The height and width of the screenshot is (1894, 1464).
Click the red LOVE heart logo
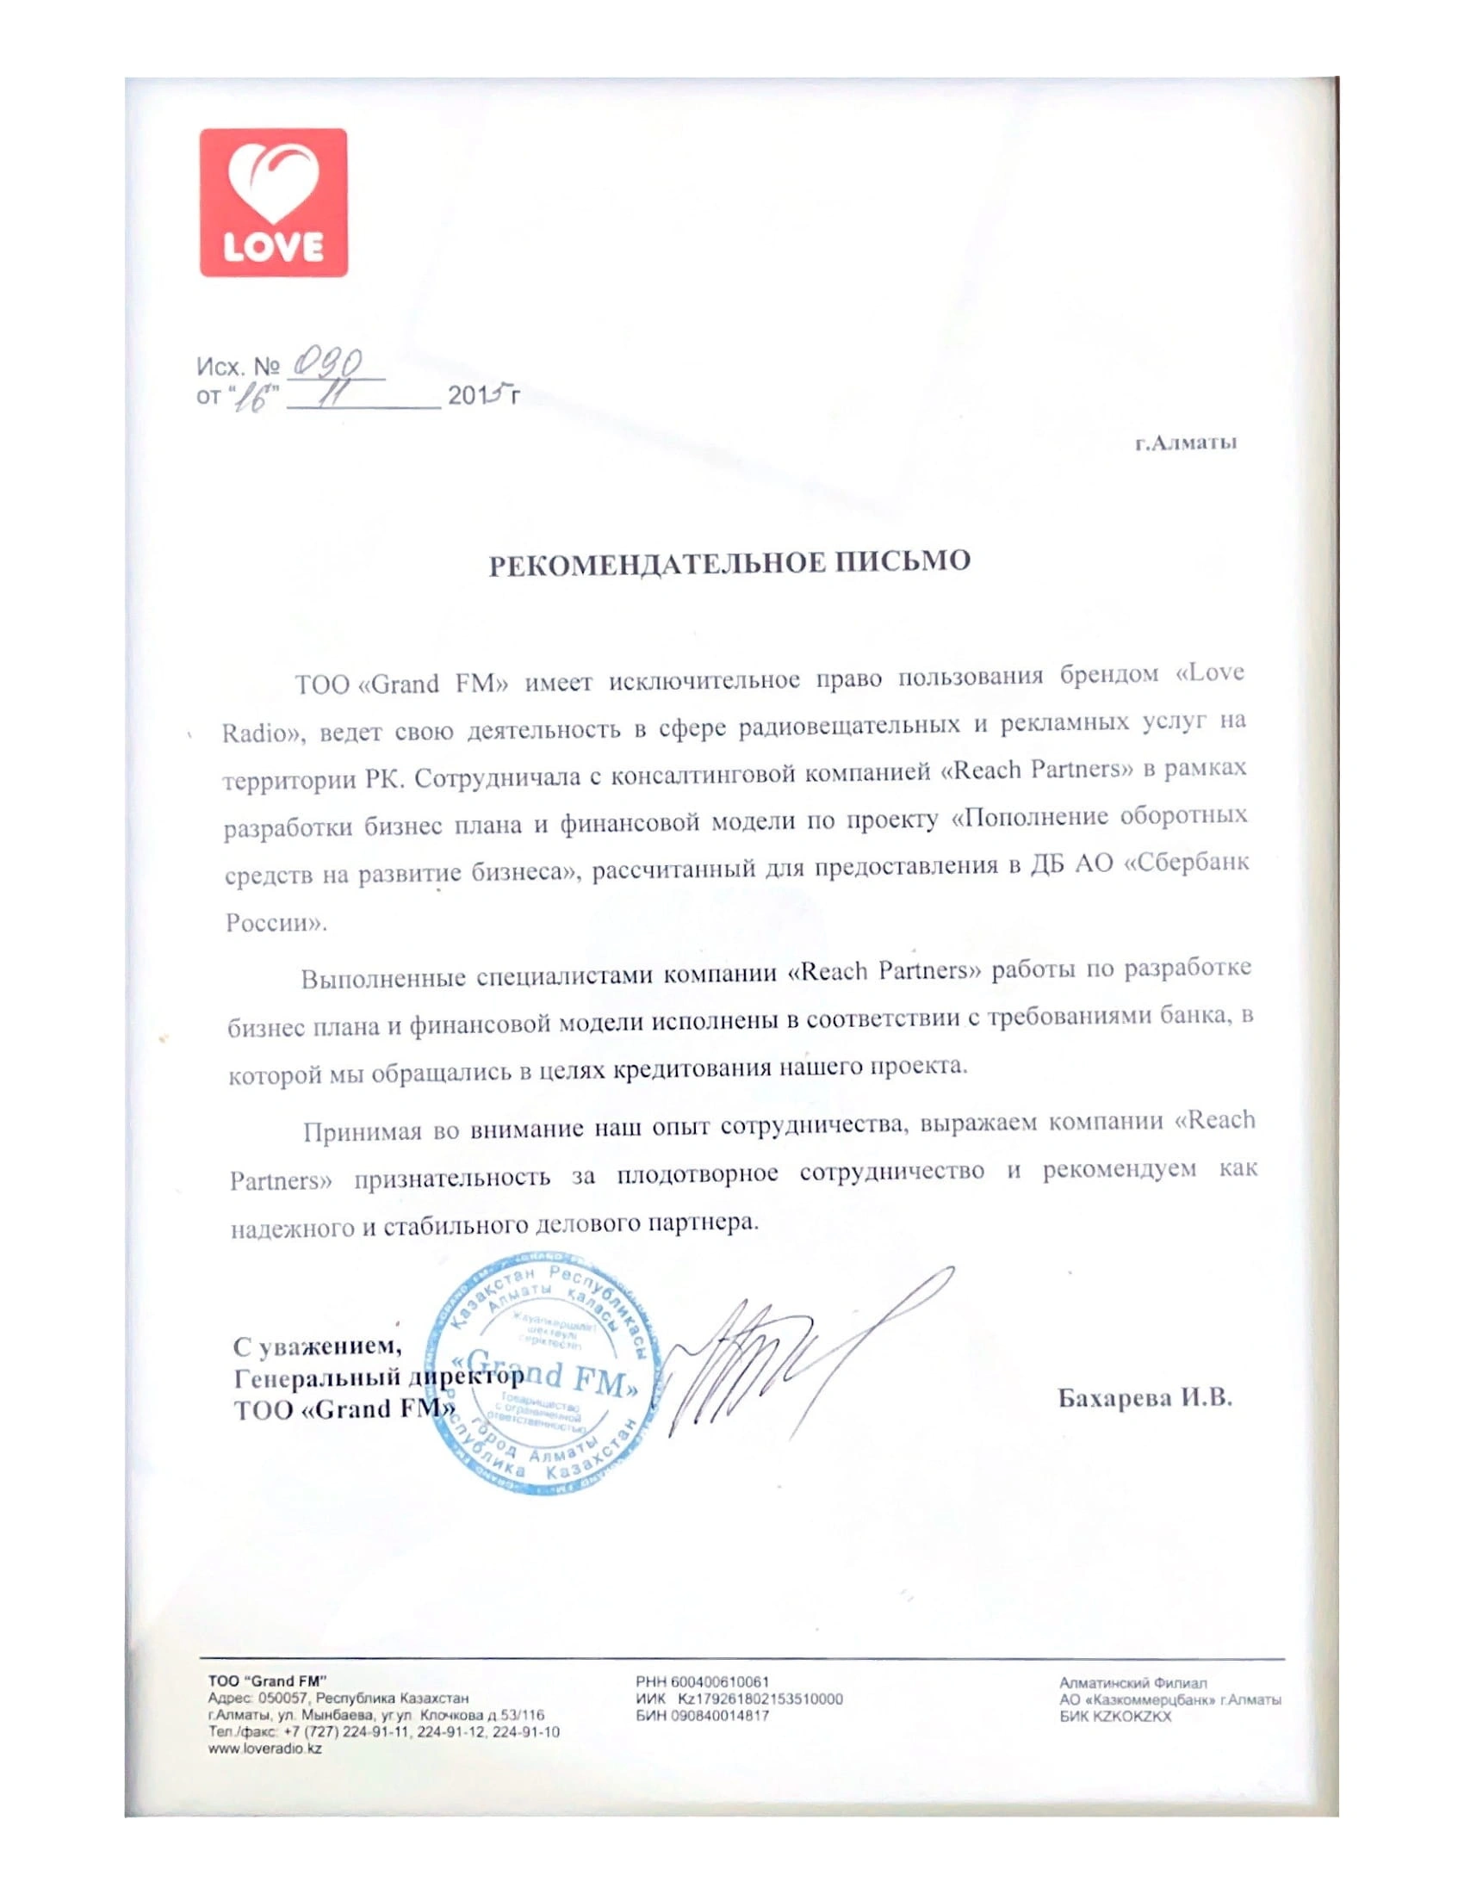coord(273,202)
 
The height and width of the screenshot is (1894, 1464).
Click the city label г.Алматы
coord(1186,444)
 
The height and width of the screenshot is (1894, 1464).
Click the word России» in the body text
coord(276,923)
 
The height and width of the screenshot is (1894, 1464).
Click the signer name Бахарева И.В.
coord(1144,1398)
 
